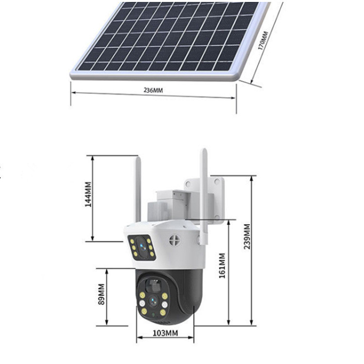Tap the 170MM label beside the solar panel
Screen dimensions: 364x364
pyautogui.click(x=263, y=41)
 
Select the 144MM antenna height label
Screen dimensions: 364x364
pyautogui.click(x=88, y=195)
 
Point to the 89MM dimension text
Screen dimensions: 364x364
pyautogui.click(x=101, y=294)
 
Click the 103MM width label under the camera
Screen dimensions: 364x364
pyautogui.click(x=165, y=333)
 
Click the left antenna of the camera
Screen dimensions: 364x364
pyautogui.click(x=137, y=187)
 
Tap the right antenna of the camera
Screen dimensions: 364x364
pyautogui.click(x=204, y=189)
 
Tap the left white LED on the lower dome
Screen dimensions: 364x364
pyautogui.click(x=142, y=304)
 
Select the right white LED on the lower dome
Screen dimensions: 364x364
pyautogui.click(x=165, y=304)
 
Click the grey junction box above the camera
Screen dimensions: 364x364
pyautogui.click(x=167, y=206)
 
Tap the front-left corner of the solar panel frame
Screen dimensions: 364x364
pyautogui.click(x=72, y=75)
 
